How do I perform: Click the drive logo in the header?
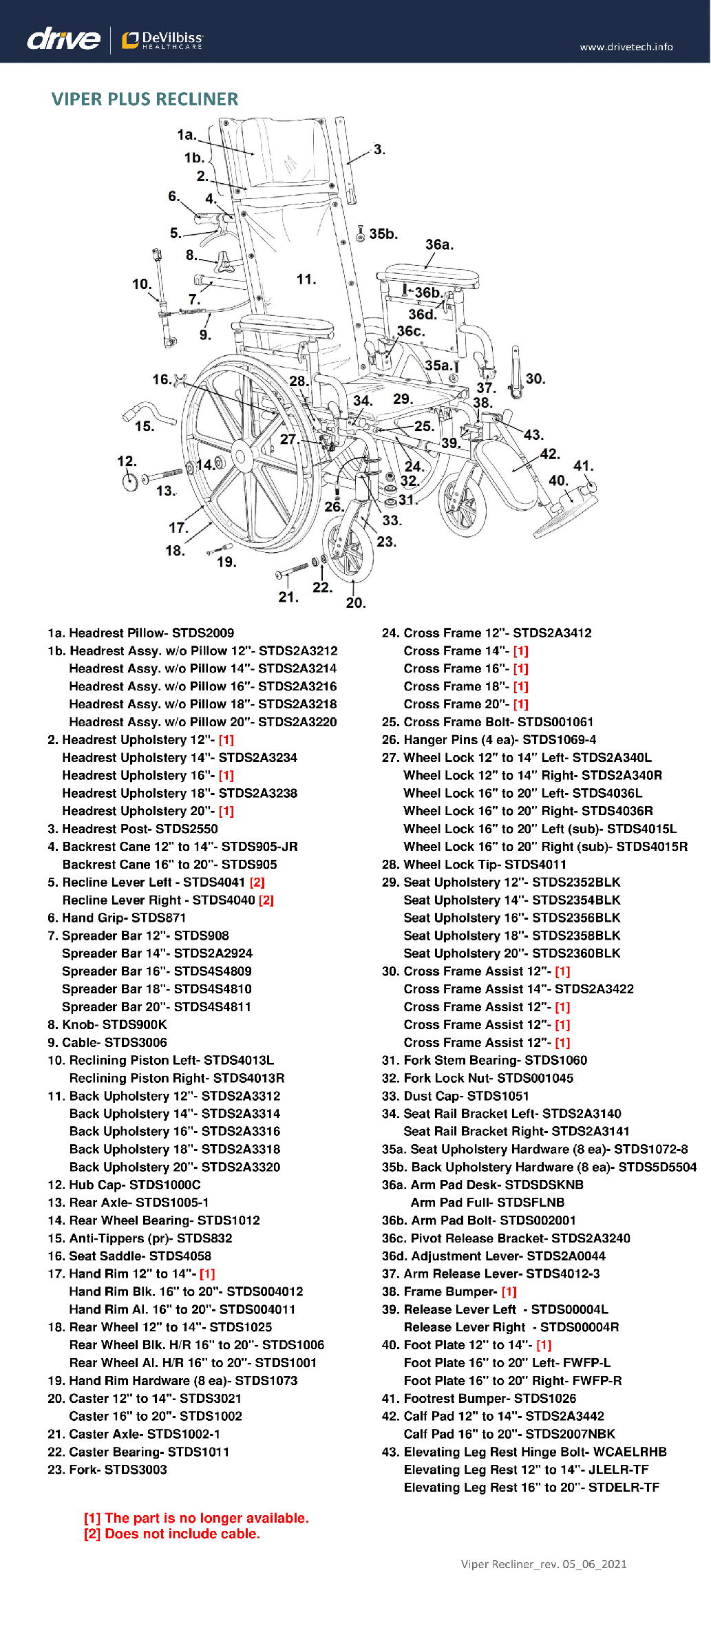63,39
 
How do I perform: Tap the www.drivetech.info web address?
626,47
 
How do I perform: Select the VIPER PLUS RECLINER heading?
145,99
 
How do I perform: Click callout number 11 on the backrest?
306,279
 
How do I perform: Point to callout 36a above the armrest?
439,245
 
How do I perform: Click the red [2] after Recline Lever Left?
257,882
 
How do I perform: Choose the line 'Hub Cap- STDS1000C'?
124,1185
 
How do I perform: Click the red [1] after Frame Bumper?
509,1292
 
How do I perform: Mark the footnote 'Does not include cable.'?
182,1534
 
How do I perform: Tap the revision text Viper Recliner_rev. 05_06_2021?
544,1565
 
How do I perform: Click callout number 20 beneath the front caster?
355,603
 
